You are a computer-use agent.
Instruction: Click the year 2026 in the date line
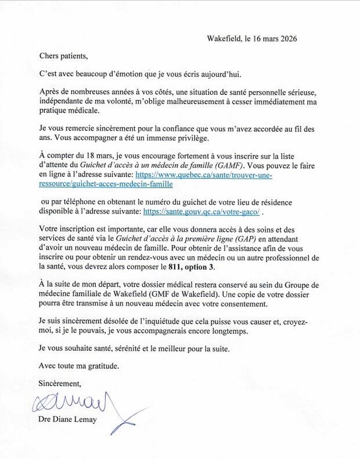(x=288, y=39)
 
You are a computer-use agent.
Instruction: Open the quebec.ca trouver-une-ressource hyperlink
(x=203, y=175)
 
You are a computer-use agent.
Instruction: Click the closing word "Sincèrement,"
(x=60, y=383)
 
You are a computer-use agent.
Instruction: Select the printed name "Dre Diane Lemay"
(x=67, y=419)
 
